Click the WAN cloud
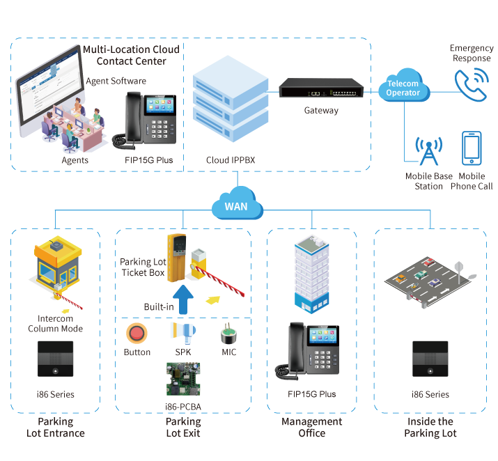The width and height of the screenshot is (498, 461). click(237, 206)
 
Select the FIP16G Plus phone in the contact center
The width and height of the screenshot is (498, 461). click(147, 120)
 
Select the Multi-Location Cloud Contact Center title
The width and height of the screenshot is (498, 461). click(131, 55)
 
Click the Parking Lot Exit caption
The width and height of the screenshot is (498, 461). click(182, 427)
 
